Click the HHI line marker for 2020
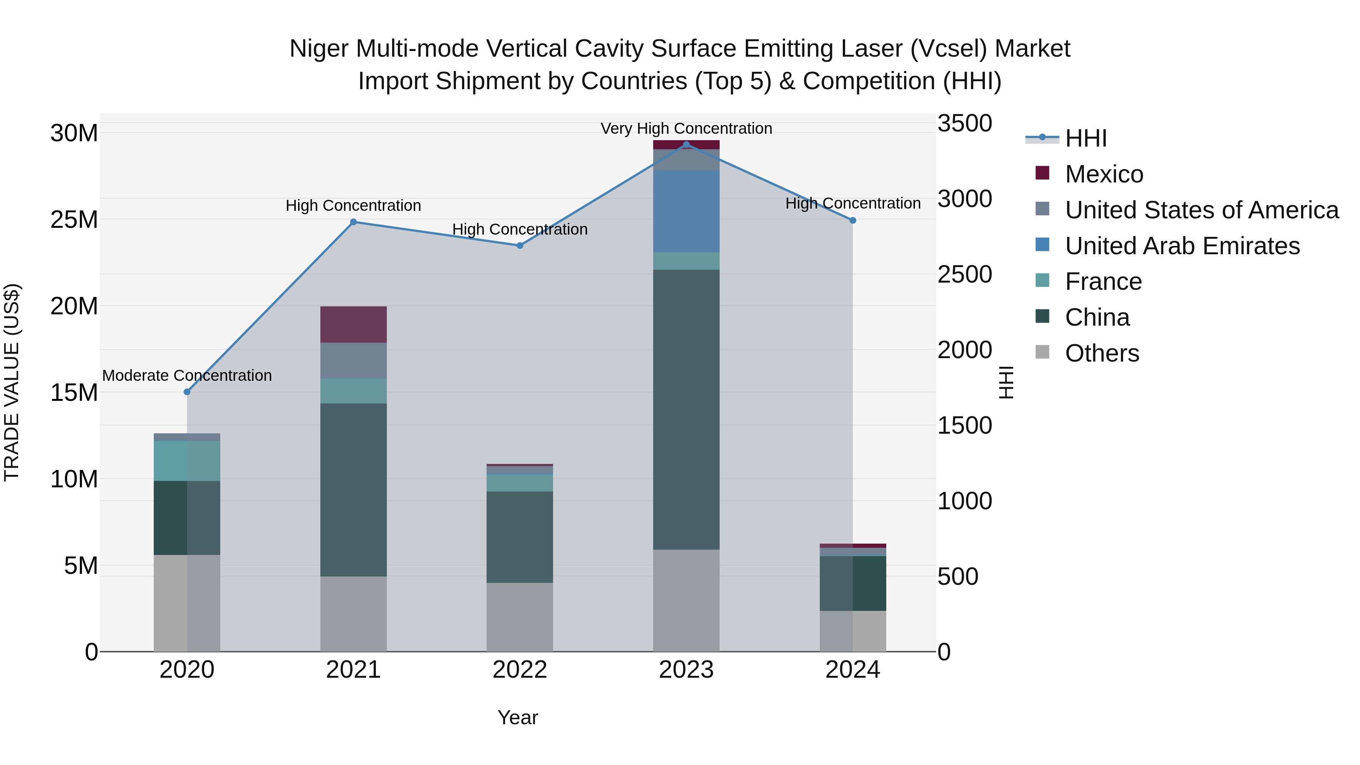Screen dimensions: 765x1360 pos(187,392)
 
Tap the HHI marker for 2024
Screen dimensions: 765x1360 pos(853,220)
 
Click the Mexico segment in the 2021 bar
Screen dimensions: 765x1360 pos(353,324)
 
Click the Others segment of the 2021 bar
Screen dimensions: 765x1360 pos(353,614)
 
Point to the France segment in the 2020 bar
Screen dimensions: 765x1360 pos(187,461)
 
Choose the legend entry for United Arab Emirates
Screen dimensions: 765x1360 pos(1182,246)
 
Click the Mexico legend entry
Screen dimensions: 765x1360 pos(1104,174)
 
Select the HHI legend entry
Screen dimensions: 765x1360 pos(1085,138)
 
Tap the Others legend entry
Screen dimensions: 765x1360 pos(1102,353)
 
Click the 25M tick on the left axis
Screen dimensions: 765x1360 pos(74,219)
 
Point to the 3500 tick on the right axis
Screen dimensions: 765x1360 pos(964,124)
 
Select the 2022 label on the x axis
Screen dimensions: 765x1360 pos(519,670)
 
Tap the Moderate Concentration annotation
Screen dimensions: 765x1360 pos(187,376)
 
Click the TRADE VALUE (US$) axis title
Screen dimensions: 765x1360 pos(12,382)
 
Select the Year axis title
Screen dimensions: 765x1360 pos(518,717)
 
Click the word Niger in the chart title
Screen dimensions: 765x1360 pos(318,49)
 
